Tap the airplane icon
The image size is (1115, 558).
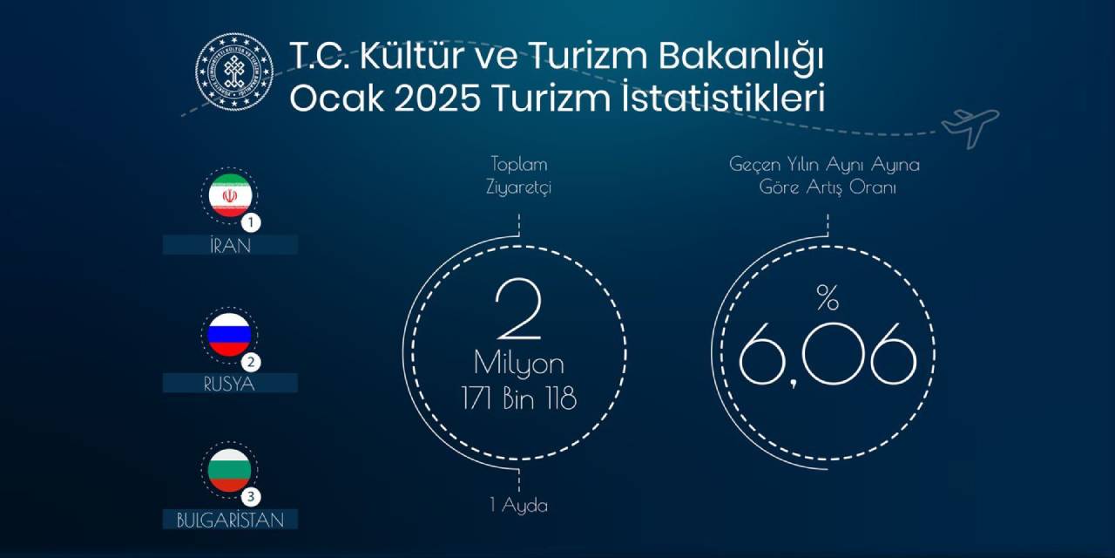[x=970, y=127]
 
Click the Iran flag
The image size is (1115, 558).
[x=230, y=195]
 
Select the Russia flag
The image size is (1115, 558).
[x=229, y=334]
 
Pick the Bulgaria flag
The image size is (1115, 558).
[x=229, y=470]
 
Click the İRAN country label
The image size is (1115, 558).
[x=230, y=245]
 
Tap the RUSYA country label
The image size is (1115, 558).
[x=230, y=383]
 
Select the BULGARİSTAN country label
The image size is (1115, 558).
[x=230, y=521]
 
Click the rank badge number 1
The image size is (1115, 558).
[x=253, y=223]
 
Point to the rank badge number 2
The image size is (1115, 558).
[x=253, y=361]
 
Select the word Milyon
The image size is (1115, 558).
[x=519, y=364]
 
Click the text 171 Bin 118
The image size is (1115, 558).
[x=519, y=399]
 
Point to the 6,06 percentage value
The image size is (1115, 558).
[x=828, y=353]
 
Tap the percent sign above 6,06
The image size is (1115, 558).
[x=827, y=298]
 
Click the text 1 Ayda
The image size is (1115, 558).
[x=518, y=506]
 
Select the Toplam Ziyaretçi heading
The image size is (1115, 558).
[x=520, y=175]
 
